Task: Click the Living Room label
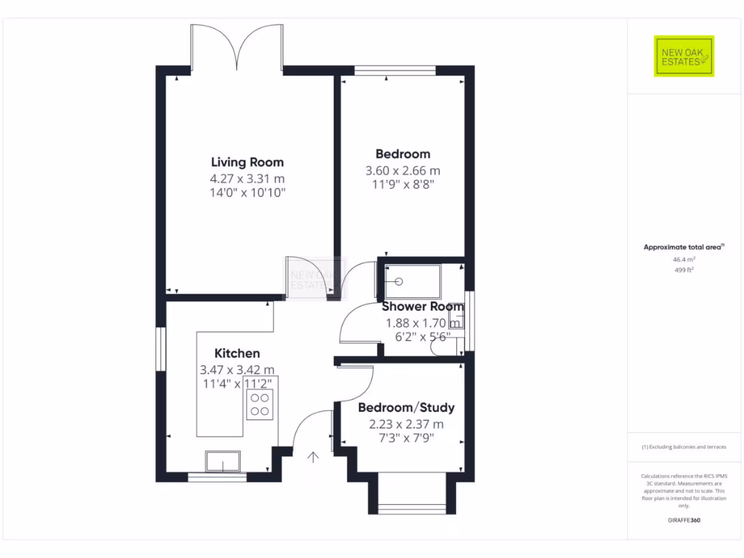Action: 247,162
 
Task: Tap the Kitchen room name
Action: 237,353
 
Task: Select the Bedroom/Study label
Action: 406,407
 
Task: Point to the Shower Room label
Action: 422,307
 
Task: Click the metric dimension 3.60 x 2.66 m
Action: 403,171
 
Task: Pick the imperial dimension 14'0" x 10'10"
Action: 247,193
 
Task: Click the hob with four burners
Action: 259,404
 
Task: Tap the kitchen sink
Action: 222,461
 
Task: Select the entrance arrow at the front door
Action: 313,457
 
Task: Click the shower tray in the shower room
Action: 408,280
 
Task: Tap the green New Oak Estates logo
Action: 684,56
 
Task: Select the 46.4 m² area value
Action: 684,259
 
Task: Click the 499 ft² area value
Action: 684,270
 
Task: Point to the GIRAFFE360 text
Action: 684,520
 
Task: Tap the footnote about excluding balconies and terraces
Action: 684,447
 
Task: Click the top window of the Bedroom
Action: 395,70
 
